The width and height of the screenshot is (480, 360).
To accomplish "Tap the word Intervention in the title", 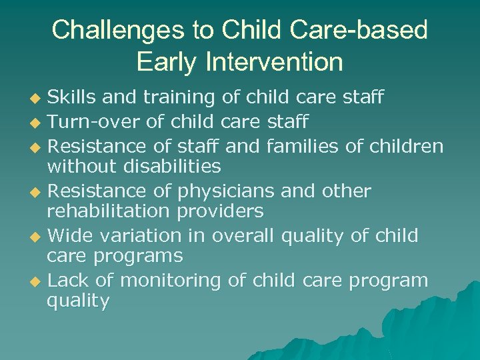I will [x=275, y=62].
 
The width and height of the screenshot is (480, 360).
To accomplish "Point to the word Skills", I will [x=73, y=98].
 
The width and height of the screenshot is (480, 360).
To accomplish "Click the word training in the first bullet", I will [x=175, y=98].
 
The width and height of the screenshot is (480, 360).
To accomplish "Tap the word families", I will [x=302, y=145].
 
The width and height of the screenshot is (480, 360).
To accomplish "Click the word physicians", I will [x=226, y=191].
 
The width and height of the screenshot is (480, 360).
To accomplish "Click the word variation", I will [x=142, y=236].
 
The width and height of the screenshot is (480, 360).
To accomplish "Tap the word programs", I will [x=139, y=256].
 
